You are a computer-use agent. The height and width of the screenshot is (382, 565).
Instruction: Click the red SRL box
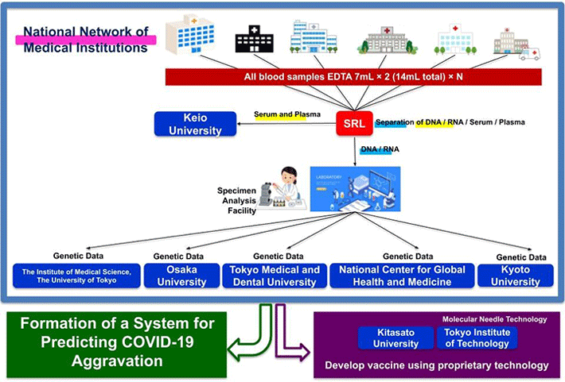(355, 124)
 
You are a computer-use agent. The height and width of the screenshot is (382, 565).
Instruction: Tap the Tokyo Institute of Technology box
(475, 338)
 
